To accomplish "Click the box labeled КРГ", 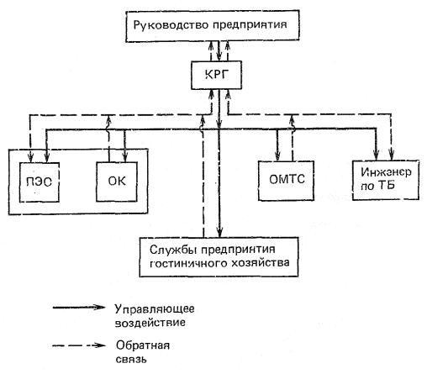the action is click(x=216, y=75).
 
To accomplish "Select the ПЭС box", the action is click(x=40, y=182).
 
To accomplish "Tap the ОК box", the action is click(x=117, y=182).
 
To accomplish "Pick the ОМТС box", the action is click(x=286, y=181).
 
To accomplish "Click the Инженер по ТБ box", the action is click(x=386, y=180).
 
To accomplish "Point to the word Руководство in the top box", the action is click(x=171, y=25).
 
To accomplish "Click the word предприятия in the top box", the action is click(x=250, y=25).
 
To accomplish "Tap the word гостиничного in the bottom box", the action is click(x=188, y=264).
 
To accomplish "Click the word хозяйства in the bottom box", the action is click(x=261, y=263).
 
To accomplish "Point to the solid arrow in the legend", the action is click(x=79, y=307).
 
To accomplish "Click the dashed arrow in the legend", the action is click(x=79, y=345).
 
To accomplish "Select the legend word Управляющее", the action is click(x=155, y=309).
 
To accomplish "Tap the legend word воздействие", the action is click(x=150, y=323).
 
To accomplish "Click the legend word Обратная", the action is click(x=143, y=345).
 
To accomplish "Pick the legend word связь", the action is click(x=131, y=359).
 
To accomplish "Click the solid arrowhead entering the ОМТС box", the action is click(x=277, y=156).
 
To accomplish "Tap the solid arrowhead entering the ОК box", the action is click(x=125, y=157).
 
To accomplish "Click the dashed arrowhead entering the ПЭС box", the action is click(x=30, y=157).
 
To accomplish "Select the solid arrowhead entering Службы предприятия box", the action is click(x=220, y=233).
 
